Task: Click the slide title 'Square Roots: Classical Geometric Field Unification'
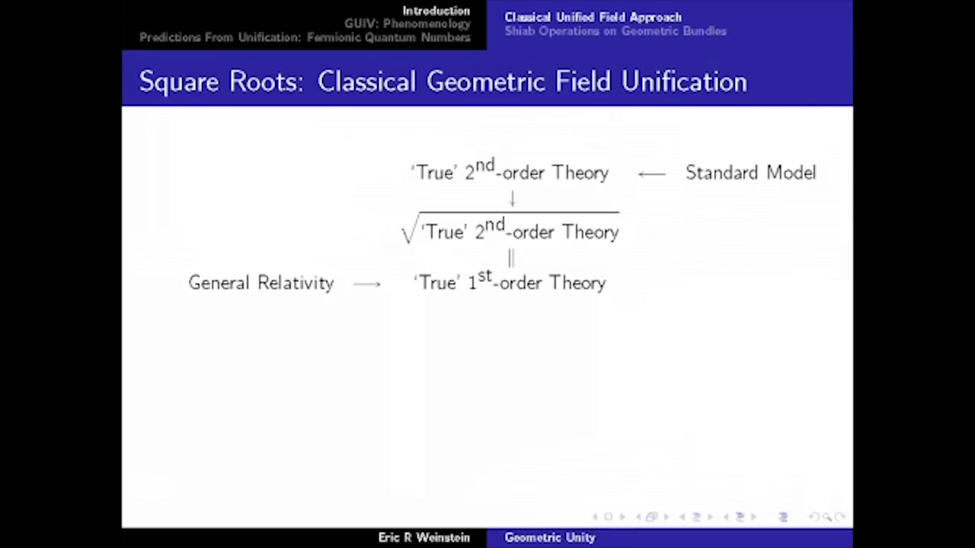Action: click(x=443, y=81)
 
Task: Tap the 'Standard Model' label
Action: click(x=750, y=173)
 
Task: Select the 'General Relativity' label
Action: click(x=261, y=283)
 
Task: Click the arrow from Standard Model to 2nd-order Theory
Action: click(x=651, y=174)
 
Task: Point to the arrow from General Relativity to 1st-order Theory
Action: click(x=367, y=284)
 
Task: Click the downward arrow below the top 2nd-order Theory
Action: click(x=512, y=199)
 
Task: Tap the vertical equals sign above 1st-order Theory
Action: click(x=511, y=259)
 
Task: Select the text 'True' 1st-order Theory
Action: click(x=510, y=282)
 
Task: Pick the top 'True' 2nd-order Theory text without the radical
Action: click(x=510, y=172)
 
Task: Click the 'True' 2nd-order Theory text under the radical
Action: click(x=519, y=231)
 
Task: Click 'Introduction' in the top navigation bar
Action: click(x=436, y=11)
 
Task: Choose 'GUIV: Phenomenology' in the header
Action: click(x=407, y=24)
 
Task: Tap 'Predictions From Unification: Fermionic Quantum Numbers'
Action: click(x=305, y=37)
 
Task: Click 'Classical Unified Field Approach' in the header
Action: click(x=593, y=17)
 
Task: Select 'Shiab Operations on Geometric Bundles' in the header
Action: click(x=615, y=31)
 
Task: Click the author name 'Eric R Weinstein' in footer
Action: click(x=424, y=537)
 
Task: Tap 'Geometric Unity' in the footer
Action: click(x=549, y=537)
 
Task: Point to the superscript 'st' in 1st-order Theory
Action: click(x=484, y=276)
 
